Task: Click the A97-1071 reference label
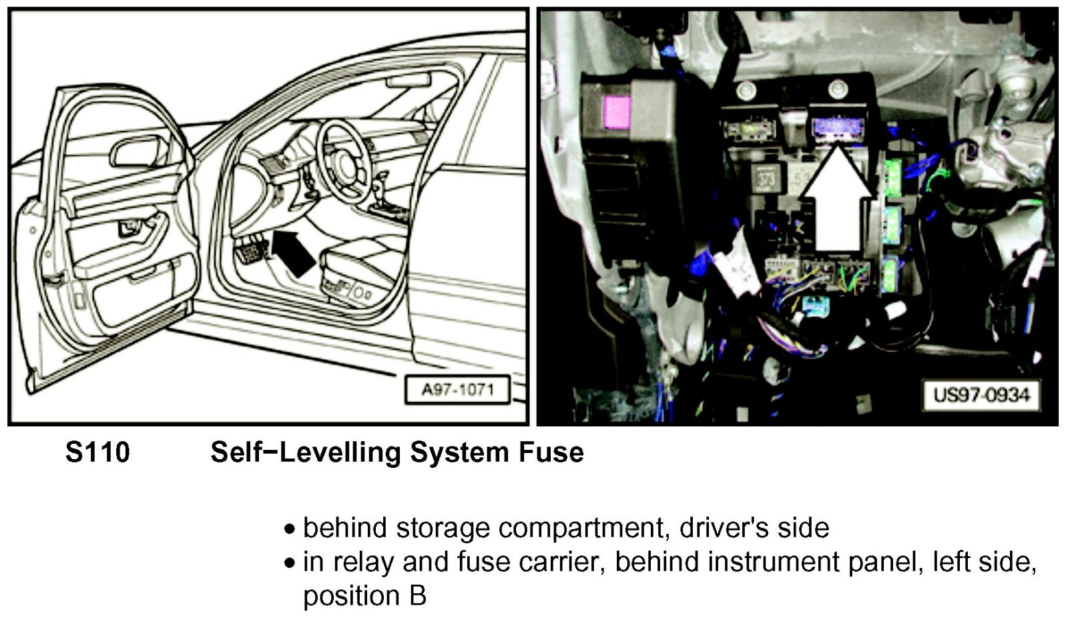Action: (x=457, y=390)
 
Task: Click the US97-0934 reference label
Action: (x=981, y=395)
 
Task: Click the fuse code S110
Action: (x=97, y=452)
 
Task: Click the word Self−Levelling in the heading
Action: (x=306, y=452)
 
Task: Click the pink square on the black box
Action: (x=617, y=112)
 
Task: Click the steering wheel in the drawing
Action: (x=344, y=162)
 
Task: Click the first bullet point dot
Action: (x=290, y=529)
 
